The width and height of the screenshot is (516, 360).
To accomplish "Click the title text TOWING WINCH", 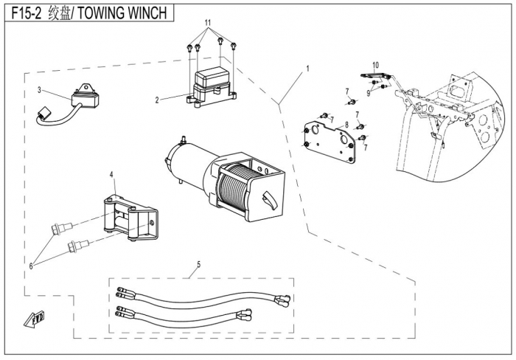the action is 122,13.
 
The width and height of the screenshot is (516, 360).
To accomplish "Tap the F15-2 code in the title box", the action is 27,13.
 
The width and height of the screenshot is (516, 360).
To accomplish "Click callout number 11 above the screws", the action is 208,23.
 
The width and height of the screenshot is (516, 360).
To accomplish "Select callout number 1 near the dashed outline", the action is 307,69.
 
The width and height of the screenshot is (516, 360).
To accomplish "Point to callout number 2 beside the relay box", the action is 157,100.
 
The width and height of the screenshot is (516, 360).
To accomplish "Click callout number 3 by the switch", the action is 39,90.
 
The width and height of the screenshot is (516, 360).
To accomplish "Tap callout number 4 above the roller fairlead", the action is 111,175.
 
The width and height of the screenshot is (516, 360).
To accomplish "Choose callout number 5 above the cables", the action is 199,264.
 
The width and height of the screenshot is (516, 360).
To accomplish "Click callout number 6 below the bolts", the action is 31,266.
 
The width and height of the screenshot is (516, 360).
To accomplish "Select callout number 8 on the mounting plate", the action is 346,125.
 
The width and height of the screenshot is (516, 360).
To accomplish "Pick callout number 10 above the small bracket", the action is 375,65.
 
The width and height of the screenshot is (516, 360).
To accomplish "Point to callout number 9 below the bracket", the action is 369,93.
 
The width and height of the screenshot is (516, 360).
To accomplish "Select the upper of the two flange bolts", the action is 61,227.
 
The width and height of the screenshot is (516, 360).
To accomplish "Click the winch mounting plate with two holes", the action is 329,142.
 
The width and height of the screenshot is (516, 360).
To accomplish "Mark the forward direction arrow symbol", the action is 34,319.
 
